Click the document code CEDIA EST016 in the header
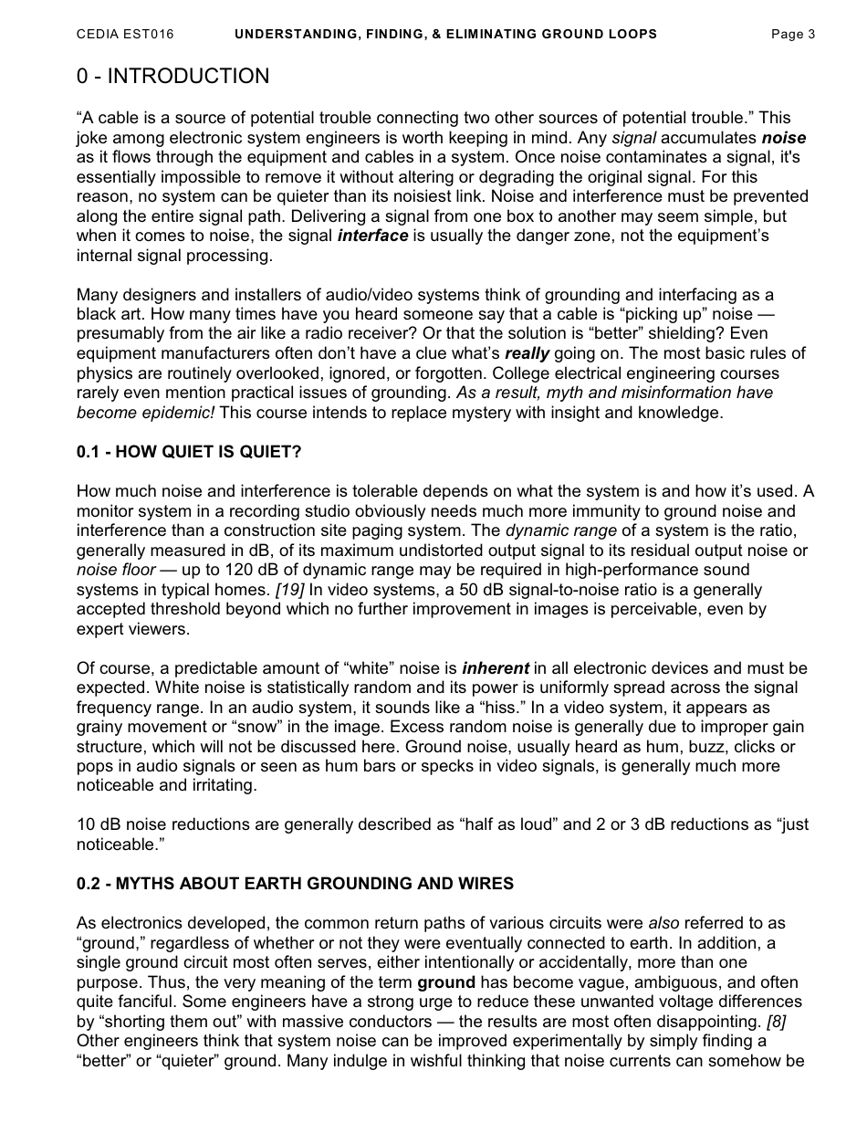tap(125, 35)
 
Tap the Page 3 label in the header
tap(792, 35)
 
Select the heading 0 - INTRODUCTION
tap(172, 77)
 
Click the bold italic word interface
tap(372, 236)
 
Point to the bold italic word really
tap(527, 353)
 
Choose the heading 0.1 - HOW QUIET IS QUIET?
tap(189, 452)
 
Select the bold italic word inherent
tap(496, 668)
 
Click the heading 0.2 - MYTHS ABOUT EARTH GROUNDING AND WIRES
tap(295, 884)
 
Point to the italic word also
tap(663, 923)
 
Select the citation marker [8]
tap(777, 1021)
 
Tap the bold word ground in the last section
tap(446, 982)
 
